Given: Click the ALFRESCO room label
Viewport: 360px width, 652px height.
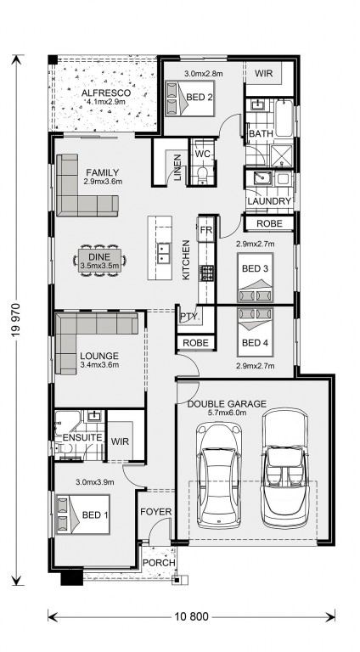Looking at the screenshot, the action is click(106, 93).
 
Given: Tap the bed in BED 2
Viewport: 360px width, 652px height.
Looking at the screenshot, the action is click(190, 98).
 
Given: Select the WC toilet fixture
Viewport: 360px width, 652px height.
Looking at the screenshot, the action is click(203, 175).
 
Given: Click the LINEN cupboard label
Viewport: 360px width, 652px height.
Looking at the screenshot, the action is click(177, 167).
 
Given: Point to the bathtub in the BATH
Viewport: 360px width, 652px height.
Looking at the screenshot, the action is click(284, 118).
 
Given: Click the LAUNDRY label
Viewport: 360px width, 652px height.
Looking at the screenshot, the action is click(269, 201).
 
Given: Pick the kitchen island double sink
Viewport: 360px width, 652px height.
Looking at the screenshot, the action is click(163, 254).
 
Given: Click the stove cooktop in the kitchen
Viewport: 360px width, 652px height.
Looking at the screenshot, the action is click(206, 273).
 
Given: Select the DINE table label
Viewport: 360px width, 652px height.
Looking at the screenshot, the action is click(100, 256).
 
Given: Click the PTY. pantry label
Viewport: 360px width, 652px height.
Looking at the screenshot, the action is click(190, 317).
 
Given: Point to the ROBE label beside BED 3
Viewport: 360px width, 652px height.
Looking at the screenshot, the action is click(269, 223).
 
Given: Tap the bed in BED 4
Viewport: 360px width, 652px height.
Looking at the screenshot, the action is click(256, 332).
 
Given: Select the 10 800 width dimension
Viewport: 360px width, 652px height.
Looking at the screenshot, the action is click(191, 616).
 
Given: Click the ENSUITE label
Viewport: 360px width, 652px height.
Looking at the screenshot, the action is click(82, 437).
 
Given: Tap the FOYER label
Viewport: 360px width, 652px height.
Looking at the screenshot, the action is click(156, 511).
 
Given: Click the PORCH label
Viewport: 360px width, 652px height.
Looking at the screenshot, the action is click(159, 563).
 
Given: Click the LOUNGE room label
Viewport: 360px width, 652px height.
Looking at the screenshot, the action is click(99, 357).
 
